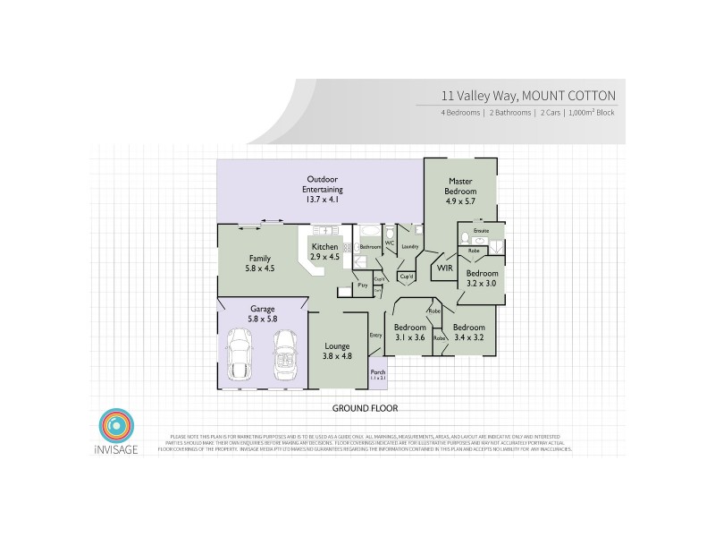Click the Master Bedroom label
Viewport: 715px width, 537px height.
point(461,186)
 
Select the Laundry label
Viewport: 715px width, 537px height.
point(411,246)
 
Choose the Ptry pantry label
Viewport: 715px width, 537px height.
point(363,286)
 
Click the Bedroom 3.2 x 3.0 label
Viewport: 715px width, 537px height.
point(481,278)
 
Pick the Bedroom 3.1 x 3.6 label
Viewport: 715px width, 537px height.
point(408,332)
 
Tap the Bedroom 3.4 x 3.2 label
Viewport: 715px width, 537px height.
point(467,333)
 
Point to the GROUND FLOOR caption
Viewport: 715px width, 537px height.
point(365,407)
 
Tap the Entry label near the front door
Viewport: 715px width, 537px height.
point(375,335)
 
